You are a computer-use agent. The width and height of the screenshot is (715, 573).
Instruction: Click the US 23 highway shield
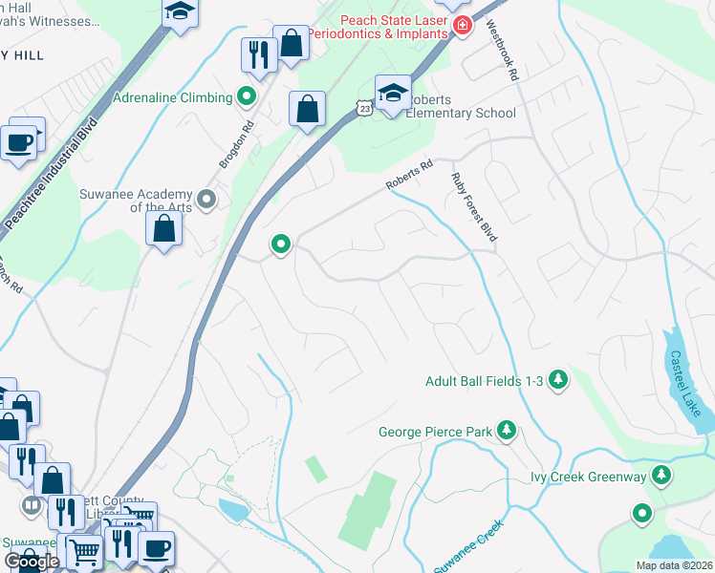click(x=364, y=110)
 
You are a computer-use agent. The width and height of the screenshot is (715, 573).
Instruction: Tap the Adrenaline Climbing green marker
click(x=246, y=97)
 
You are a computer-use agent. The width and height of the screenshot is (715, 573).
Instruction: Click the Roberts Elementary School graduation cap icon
click(x=393, y=94)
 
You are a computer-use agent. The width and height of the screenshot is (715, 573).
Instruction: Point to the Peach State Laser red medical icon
click(x=462, y=25)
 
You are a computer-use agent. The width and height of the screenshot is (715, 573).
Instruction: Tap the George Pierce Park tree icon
click(x=507, y=432)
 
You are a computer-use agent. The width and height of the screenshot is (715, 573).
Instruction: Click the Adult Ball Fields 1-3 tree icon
click(x=558, y=381)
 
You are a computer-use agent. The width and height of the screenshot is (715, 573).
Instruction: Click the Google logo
click(x=32, y=562)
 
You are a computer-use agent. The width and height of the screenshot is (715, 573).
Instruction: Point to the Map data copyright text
click(x=673, y=565)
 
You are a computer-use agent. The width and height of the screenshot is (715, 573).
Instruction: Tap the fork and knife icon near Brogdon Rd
click(x=258, y=54)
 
